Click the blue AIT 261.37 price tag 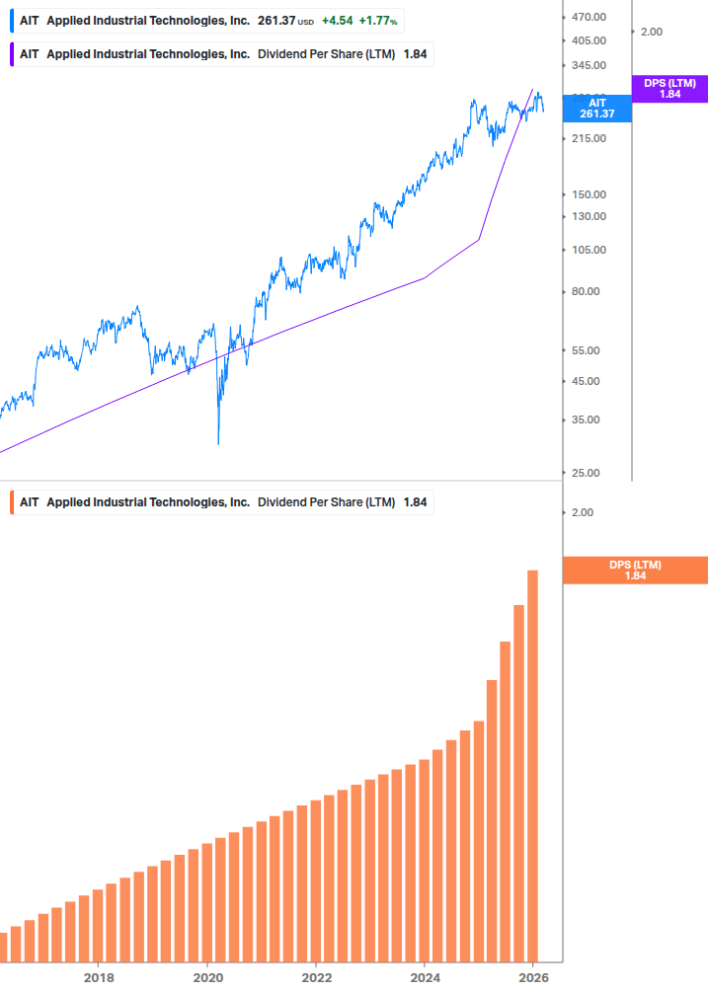(x=596, y=108)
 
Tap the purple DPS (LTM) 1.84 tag (x=669, y=89)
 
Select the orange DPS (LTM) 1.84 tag (x=635, y=570)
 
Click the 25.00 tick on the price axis (x=585, y=473)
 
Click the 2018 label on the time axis (x=99, y=977)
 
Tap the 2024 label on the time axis (x=425, y=977)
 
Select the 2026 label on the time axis (x=533, y=977)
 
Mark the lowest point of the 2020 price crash (x=218, y=443)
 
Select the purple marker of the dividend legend (x=11, y=54)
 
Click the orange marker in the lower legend (x=11, y=502)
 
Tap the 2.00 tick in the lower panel (x=582, y=512)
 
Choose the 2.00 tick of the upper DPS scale (x=651, y=32)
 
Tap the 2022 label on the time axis (x=316, y=977)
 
